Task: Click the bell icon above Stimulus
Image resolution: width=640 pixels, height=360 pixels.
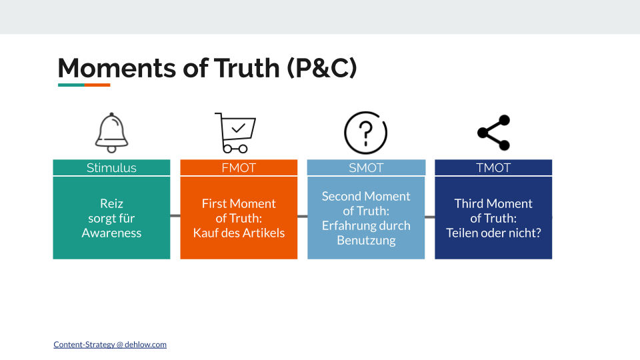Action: click(x=111, y=133)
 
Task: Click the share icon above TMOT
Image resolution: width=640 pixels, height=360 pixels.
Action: click(x=493, y=133)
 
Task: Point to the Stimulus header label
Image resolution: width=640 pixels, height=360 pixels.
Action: click(x=111, y=168)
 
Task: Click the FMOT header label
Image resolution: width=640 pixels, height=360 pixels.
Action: click(x=239, y=168)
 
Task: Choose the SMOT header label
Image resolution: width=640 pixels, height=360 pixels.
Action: click(x=366, y=168)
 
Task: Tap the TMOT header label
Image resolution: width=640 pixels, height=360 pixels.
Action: click(x=493, y=168)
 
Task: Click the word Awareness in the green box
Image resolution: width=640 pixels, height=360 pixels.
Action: click(x=111, y=233)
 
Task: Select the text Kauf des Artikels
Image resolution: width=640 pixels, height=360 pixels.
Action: click(x=239, y=233)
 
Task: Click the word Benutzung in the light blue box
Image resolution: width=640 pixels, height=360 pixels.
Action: click(x=366, y=240)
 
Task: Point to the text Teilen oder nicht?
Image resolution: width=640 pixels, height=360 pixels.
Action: click(x=493, y=233)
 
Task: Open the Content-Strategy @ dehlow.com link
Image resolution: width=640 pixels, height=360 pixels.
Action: click(x=110, y=345)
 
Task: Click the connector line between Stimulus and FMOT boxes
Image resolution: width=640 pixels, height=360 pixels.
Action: click(x=175, y=216)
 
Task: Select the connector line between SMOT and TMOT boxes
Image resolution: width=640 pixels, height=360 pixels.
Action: click(x=429, y=217)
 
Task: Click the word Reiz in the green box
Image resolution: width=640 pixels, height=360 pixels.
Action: click(x=111, y=203)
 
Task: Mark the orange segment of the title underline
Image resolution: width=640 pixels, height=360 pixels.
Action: click(x=97, y=85)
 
